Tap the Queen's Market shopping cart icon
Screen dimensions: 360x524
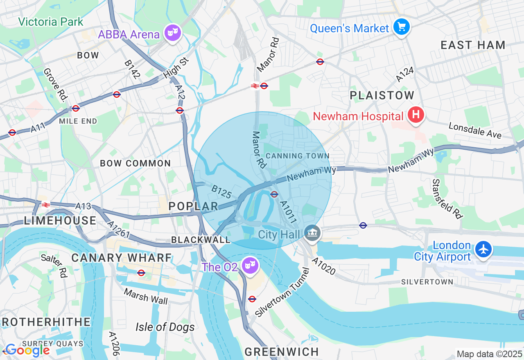tap(401, 27)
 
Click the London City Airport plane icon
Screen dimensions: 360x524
tap(483, 249)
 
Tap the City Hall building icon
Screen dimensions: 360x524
tap(312, 234)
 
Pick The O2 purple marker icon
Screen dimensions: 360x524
tap(249, 266)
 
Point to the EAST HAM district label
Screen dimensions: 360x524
tap(473, 45)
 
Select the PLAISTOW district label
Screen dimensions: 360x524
tap(382, 96)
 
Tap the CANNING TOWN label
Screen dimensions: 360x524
tap(297, 156)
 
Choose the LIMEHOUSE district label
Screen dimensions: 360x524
tap(60, 221)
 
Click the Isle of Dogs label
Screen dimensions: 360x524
tap(165, 327)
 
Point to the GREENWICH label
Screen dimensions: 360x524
tap(282, 351)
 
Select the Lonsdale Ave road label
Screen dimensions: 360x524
tap(475, 130)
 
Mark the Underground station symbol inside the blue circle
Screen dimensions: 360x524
tap(274, 194)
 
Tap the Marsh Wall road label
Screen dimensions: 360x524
tap(146, 297)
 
